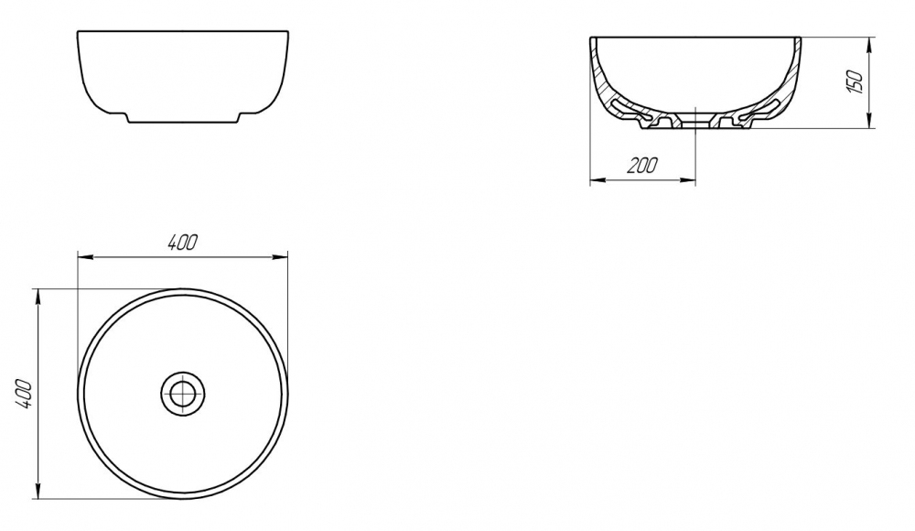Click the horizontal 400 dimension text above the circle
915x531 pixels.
183,242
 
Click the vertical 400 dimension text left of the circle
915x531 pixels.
23,393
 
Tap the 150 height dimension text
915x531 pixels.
854,81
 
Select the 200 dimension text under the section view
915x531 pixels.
642,166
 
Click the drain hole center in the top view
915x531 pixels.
183,393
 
